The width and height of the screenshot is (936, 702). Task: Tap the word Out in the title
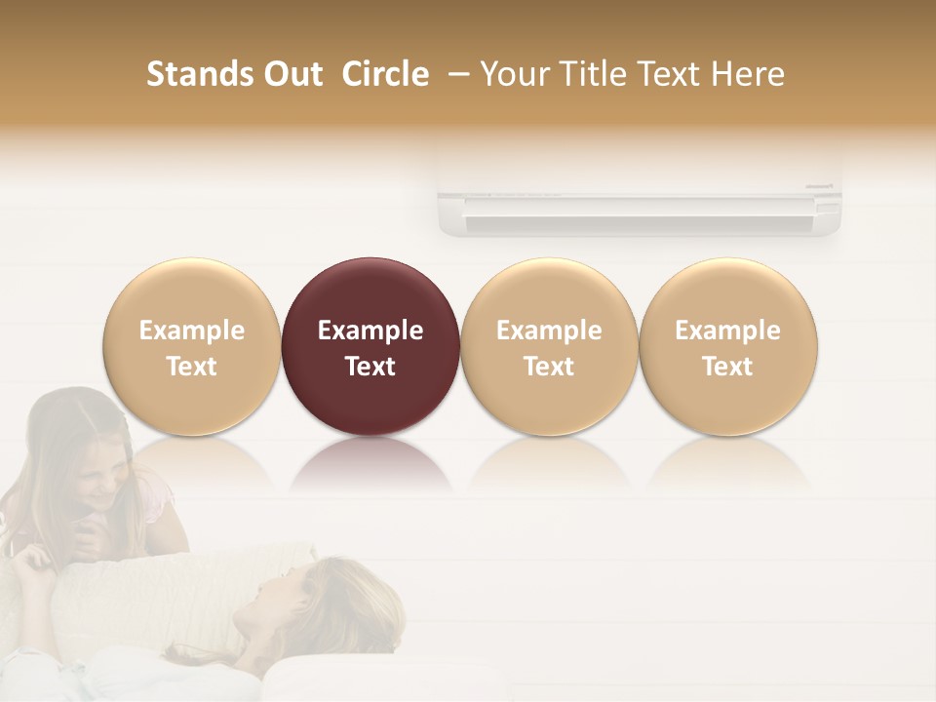point(290,74)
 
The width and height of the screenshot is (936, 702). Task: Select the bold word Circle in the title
point(385,74)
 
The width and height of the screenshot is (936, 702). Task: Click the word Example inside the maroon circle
point(370,331)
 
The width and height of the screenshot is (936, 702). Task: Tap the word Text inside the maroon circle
point(370,367)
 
